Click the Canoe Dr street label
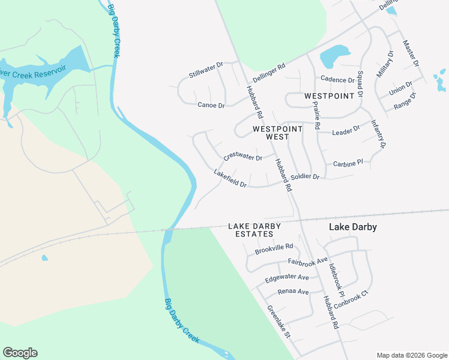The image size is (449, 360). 211,105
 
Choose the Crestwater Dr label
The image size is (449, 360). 243,157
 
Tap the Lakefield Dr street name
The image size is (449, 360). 231,178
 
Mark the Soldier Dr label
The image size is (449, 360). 306,177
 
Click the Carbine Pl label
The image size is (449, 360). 348,163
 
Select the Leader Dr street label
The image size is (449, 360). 346,130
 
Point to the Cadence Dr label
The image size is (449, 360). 337,79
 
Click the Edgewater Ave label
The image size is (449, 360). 287,278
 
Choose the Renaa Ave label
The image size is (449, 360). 293,292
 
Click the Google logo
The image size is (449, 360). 20,353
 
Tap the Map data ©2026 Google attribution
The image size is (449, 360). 411,355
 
